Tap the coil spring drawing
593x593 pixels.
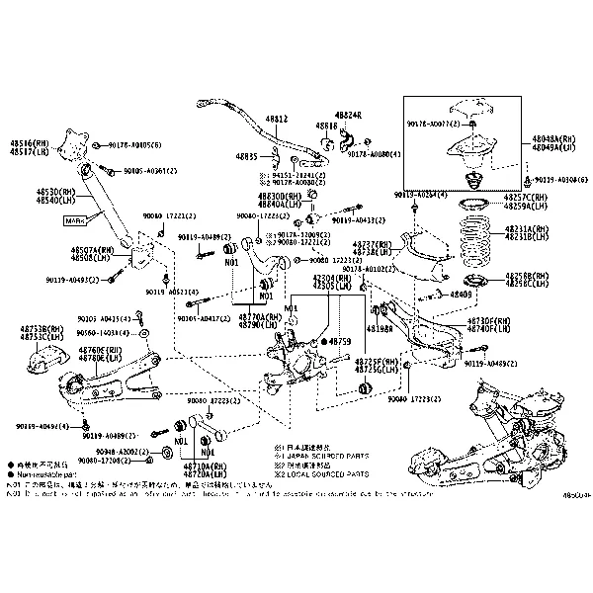click(479, 242)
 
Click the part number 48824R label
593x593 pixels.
click(349, 116)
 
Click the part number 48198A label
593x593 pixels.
click(381, 328)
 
